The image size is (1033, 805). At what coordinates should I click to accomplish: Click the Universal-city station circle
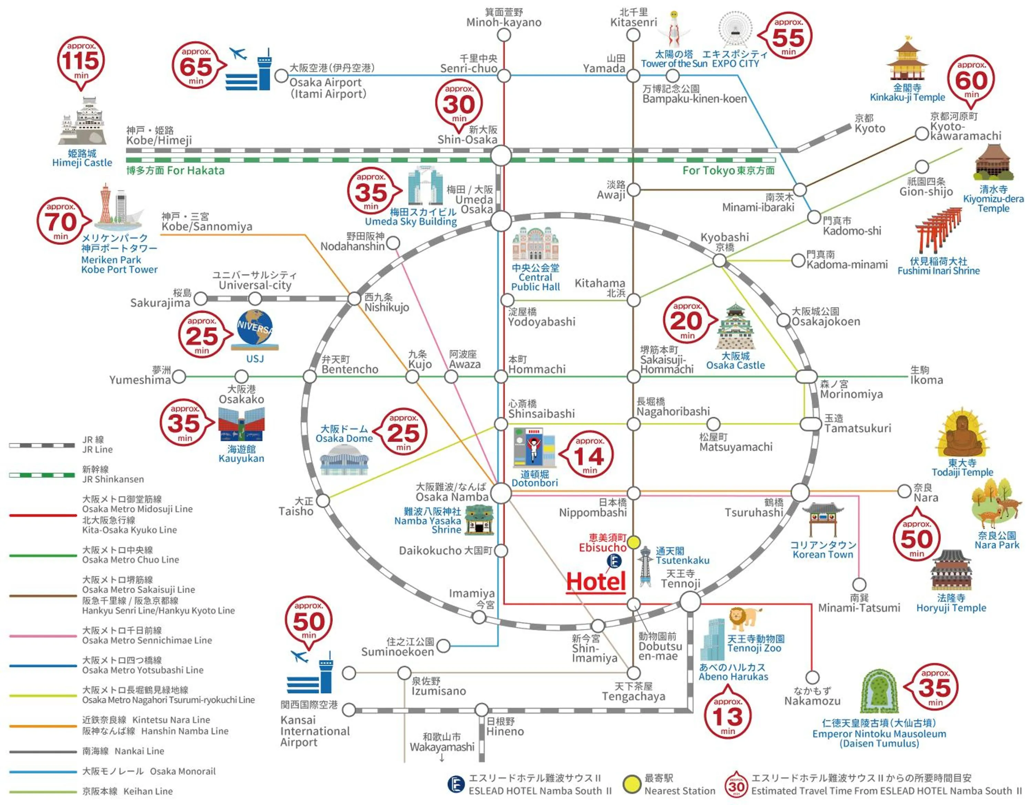point(255,299)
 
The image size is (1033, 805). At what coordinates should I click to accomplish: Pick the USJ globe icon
point(255,327)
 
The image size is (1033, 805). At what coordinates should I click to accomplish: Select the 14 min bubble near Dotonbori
point(589,455)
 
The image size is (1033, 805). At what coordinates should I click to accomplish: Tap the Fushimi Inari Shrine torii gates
point(939,232)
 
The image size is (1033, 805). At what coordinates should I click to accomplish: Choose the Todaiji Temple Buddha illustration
point(962,434)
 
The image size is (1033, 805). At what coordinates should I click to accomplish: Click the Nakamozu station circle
point(812,677)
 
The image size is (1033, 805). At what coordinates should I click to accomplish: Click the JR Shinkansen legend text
point(113,474)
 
